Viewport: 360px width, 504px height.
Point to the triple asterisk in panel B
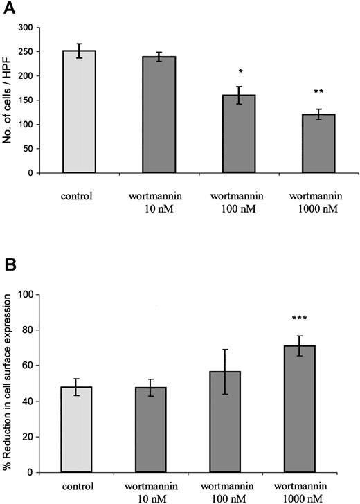tap(318, 318)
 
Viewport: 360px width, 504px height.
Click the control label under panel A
tap(80, 196)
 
